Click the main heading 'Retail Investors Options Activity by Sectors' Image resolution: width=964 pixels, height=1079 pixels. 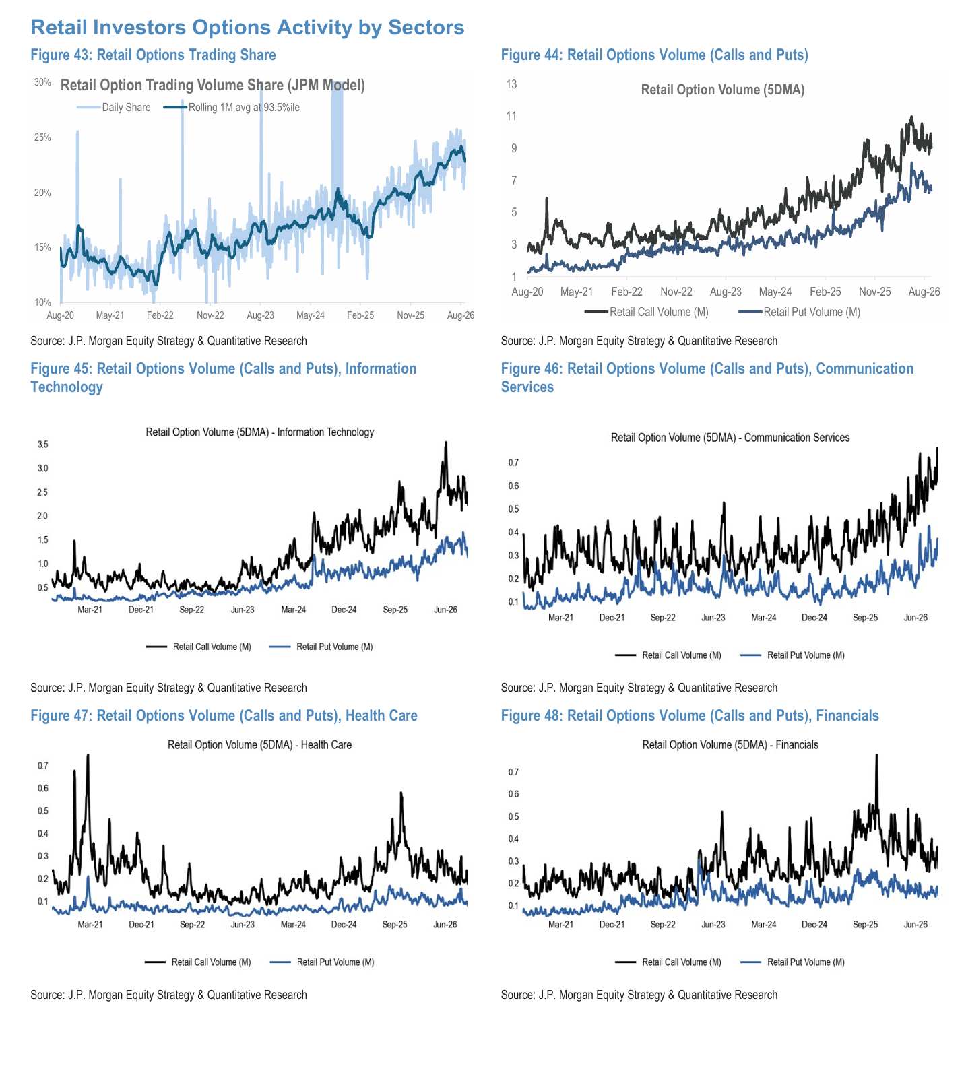(247, 27)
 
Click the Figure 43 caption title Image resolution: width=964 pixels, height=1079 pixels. (153, 55)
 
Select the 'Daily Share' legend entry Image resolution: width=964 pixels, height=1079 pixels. (113, 107)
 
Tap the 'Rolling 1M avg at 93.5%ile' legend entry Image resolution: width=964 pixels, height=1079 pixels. (232, 107)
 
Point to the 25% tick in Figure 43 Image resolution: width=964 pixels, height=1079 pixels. (42, 137)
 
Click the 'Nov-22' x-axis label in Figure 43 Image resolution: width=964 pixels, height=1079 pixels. (210, 315)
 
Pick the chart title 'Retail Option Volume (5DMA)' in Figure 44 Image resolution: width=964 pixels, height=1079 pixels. (723, 90)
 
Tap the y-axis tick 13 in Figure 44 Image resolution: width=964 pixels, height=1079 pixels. (511, 84)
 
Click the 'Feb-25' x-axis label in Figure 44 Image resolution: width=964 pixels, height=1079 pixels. (825, 292)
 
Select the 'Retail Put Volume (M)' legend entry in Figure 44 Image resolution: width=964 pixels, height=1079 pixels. (800, 312)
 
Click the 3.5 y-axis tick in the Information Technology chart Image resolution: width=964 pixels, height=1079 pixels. (43, 445)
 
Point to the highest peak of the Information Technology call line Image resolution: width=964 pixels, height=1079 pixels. (445, 442)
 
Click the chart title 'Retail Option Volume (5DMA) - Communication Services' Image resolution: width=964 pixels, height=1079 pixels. (730, 438)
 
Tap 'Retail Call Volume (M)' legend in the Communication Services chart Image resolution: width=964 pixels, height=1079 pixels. (668, 655)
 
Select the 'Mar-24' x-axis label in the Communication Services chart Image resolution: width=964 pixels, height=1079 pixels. (764, 618)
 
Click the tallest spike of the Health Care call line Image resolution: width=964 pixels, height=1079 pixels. (88, 755)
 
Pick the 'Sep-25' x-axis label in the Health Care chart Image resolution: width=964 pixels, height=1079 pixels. (395, 925)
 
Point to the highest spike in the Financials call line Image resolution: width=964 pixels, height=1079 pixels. (876, 755)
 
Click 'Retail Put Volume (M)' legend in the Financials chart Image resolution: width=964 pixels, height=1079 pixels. (793, 962)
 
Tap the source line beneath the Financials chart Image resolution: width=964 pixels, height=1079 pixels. (639, 995)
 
